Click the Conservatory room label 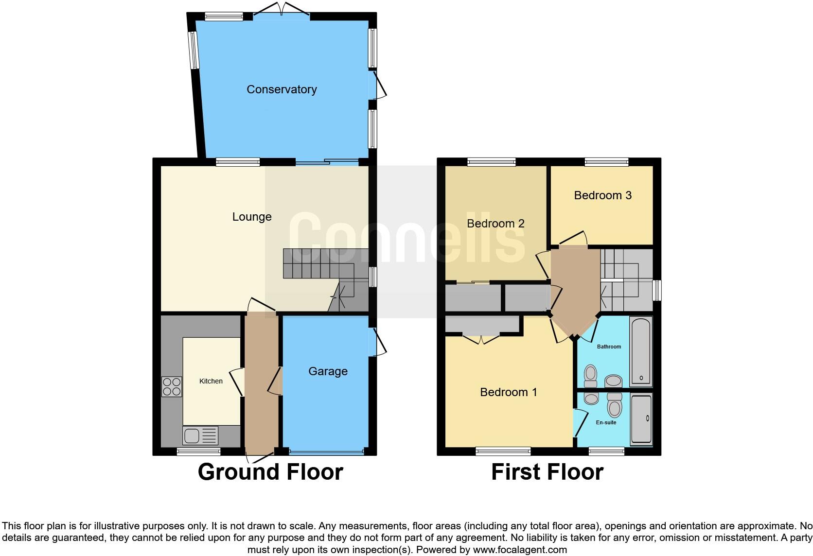[x=282, y=89]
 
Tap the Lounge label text [x=251, y=217]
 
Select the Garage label [x=328, y=371]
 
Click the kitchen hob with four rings [x=172, y=387]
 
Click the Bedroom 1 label [x=508, y=392]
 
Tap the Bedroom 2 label [x=495, y=224]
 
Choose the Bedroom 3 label [x=602, y=195]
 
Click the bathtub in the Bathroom [x=641, y=351]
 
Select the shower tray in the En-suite [x=641, y=419]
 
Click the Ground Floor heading [x=270, y=472]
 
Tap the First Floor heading [x=547, y=472]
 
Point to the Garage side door [x=378, y=343]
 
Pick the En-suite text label [x=606, y=422]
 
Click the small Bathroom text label [x=609, y=347]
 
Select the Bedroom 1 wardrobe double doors [x=481, y=338]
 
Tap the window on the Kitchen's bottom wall [x=198, y=452]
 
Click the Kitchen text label [x=211, y=381]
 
